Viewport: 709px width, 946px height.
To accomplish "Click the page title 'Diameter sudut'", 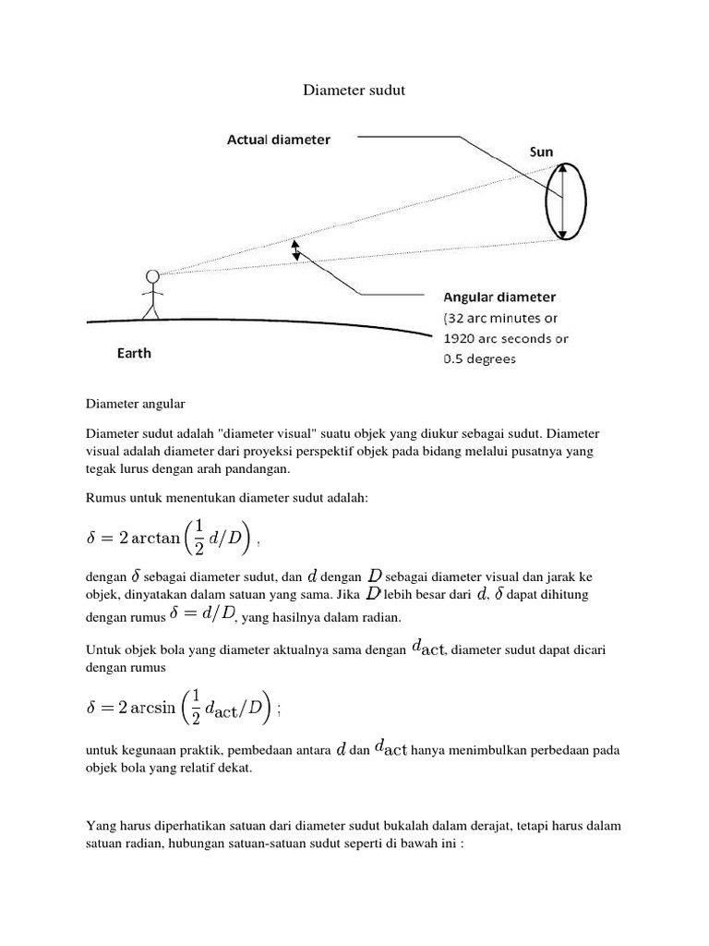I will click(354, 91).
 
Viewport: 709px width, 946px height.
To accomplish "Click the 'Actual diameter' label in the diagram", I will click(279, 139).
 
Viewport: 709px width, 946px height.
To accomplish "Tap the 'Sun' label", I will click(542, 150).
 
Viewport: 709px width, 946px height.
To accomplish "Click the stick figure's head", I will click(152, 275).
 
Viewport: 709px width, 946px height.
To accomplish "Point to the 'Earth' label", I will click(134, 353).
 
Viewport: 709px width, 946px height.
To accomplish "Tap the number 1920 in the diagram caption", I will click(463, 338).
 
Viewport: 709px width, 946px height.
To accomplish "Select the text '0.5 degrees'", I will click(480, 358).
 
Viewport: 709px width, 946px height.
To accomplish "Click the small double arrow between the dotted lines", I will click(296, 250).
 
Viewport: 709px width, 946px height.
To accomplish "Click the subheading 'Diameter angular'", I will click(136, 404).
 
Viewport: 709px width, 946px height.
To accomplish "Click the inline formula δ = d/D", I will click(205, 614).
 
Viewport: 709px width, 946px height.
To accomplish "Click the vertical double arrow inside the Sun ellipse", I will click(560, 201).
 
